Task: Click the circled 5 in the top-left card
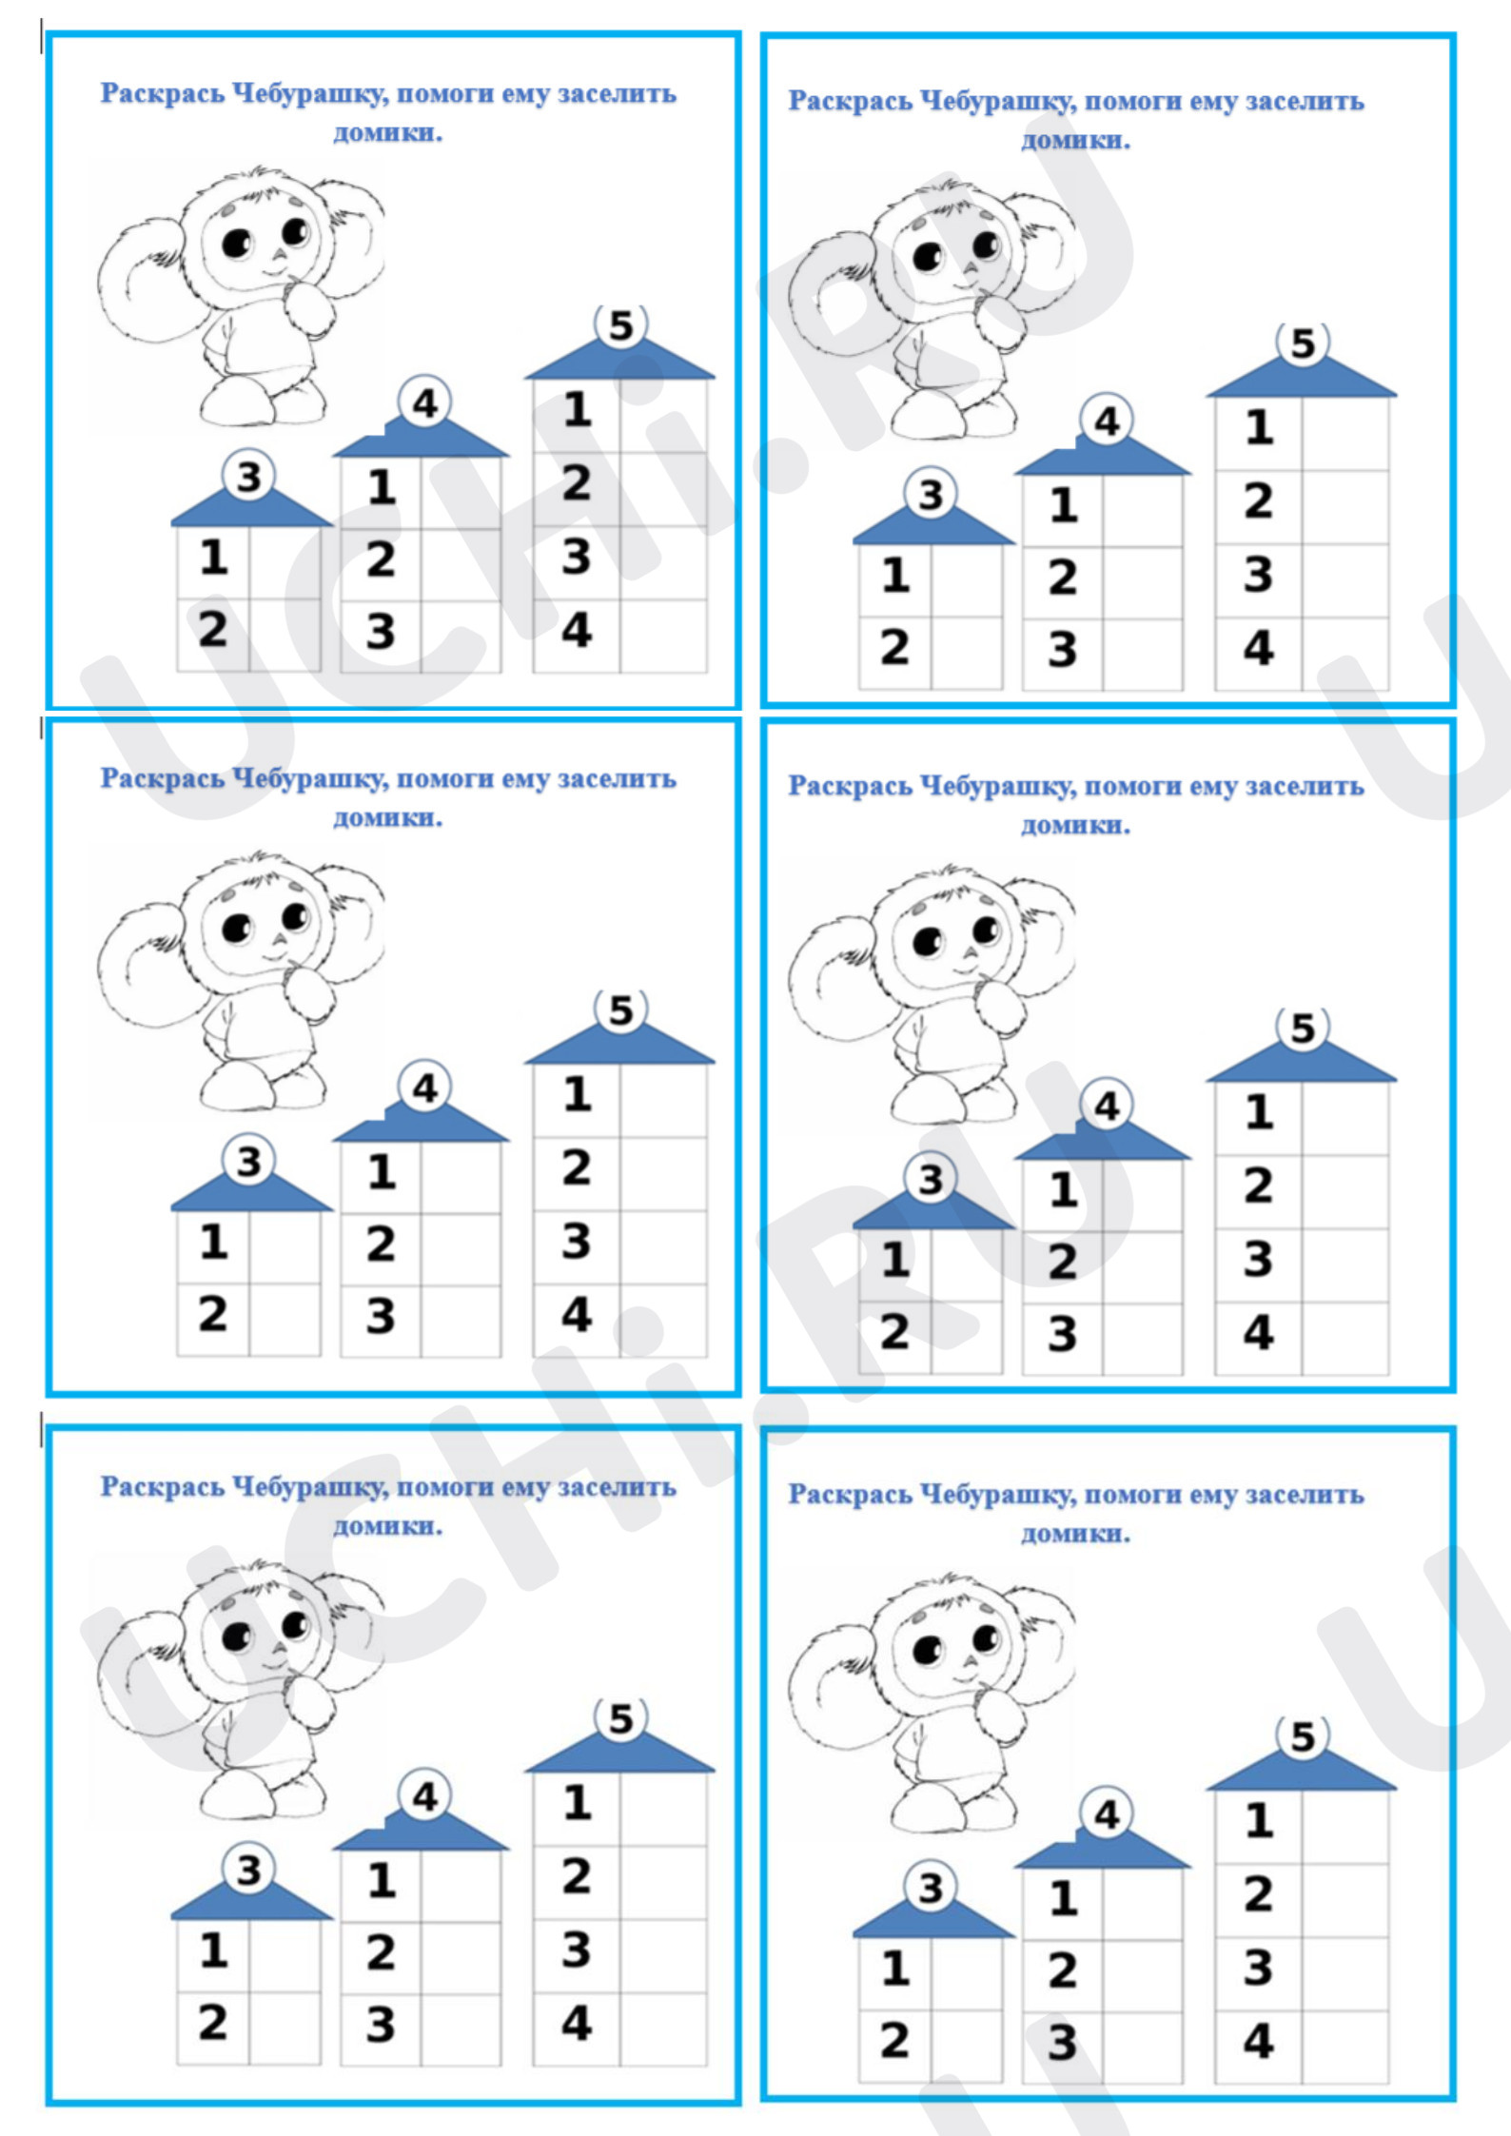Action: click(x=620, y=325)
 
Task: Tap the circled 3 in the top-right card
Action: click(x=930, y=494)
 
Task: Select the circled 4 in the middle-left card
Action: click(x=424, y=1088)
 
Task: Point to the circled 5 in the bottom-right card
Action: click(x=1302, y=1737)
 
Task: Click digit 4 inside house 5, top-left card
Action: click(x=576, y=630)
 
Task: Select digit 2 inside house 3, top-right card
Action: click(x=893, y=647)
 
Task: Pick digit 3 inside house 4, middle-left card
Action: click(x=381, y=1316)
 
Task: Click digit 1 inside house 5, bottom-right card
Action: click(x=1259, y=1820)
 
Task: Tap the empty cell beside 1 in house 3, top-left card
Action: click(x=285, y=563)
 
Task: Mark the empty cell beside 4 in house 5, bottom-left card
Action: click(x=663, y=2028)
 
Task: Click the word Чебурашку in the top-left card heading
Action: click(x=310, y=94)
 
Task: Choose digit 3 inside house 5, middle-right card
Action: click(x=1258, y=1259)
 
